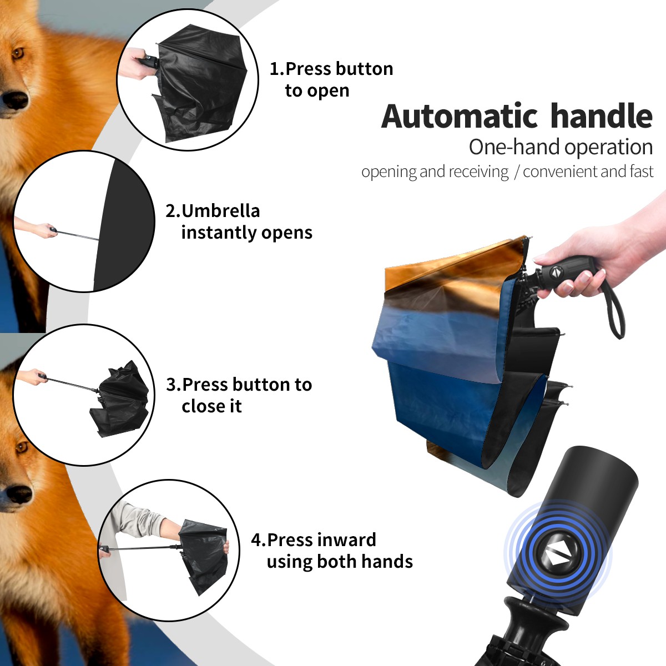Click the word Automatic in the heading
click(x=460, y=116)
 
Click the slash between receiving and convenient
click(x=517, y=172)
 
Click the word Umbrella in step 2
click(x=220, y=211)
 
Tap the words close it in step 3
click(x=211, y=406)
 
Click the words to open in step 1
click(x=317, y=92)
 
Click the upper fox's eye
click(x=17, y=53)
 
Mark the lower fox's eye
click(x=21, y=447)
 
